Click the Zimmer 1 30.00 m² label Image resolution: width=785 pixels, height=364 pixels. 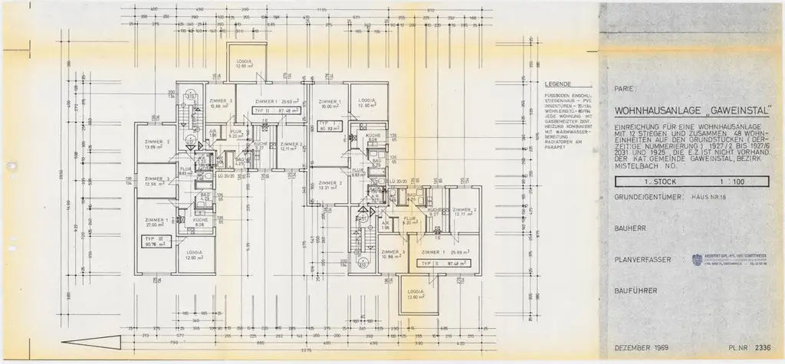[x=330, y=105]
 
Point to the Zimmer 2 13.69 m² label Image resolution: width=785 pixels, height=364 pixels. [x=156, y=145]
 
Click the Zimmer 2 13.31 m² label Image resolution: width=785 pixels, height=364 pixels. [x=330, y=185]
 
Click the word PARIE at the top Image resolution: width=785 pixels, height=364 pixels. [x=618, y=88]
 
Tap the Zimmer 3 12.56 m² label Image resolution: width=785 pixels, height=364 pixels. [x=156, y=182]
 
